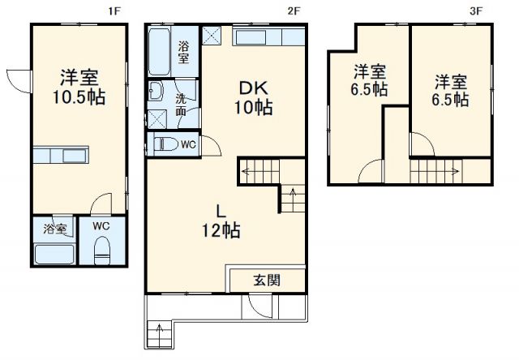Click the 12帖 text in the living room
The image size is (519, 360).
point(221,230)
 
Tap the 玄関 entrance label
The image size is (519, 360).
point(267,281)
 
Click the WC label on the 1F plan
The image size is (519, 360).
point(101,225)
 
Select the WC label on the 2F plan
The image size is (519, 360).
point(187,144)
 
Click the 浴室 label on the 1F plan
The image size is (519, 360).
point(55,229)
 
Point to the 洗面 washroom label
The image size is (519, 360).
point(182,105)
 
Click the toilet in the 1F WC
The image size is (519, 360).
point(102,251)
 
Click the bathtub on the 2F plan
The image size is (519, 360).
point(161,49)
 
